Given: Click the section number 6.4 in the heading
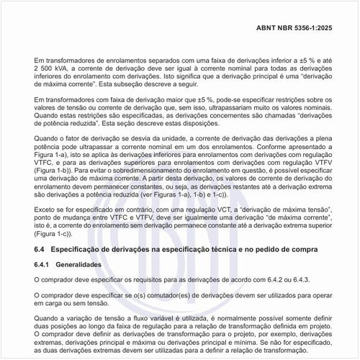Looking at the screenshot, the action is tap(40, 249).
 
